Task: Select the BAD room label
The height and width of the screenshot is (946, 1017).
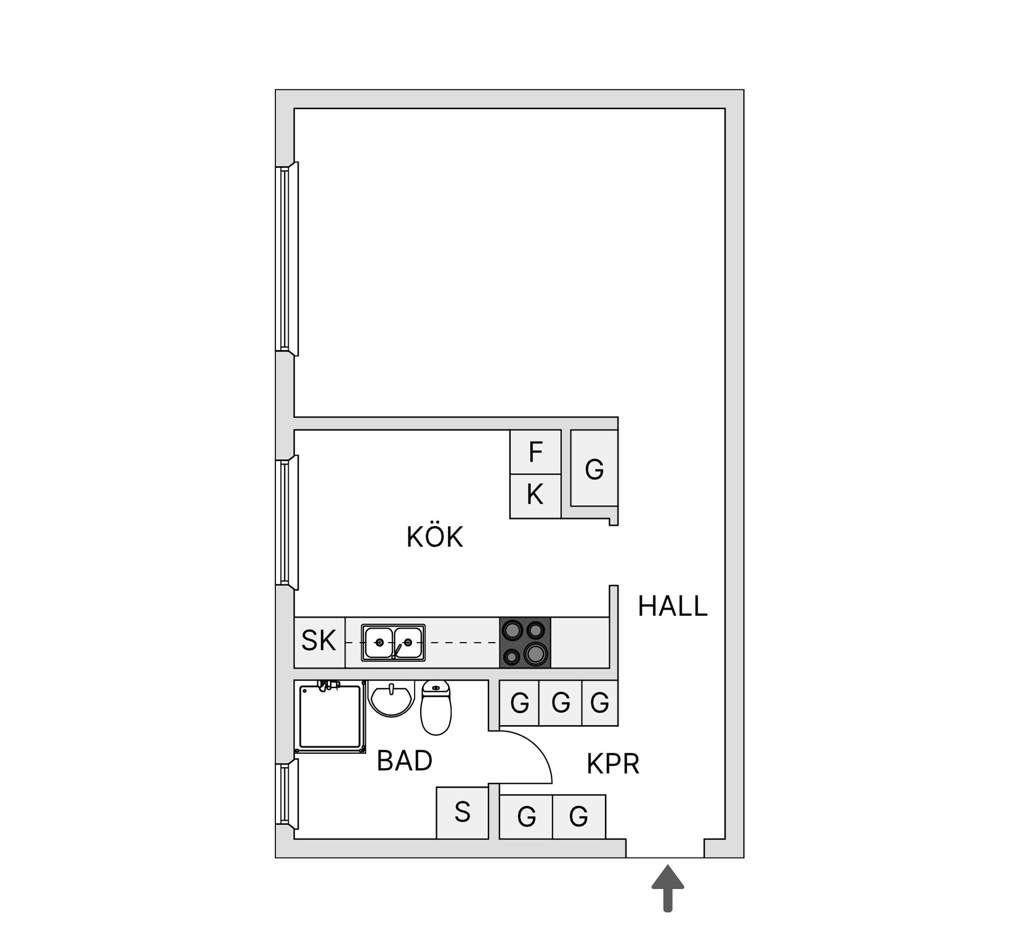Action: coord(404,761)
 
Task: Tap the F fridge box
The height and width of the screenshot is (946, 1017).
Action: coord(535,452)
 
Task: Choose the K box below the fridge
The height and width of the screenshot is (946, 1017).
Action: coord(535,496)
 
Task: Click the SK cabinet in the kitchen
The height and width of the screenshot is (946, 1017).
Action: coord(319,642)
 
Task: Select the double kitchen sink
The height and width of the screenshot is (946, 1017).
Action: coord(393,643)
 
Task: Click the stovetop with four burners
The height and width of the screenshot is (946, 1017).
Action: coord(525,643)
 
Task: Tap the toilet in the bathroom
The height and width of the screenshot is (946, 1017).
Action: coord(435,708)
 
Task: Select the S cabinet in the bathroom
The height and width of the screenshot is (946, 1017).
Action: coord(462,812)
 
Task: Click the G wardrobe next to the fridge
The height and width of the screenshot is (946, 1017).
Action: coord(594,468)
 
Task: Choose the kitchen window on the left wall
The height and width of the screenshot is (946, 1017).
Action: coord(287,522)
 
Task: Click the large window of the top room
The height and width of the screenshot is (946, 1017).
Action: coord(287,259)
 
